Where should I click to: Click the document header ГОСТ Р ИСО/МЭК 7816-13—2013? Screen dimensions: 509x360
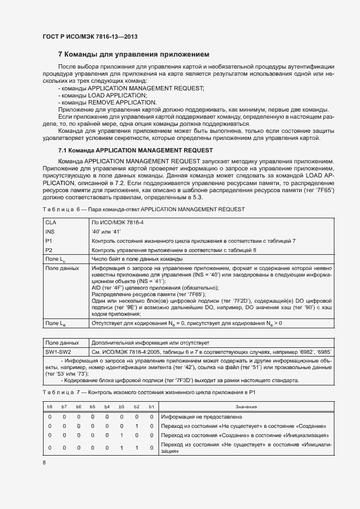click(x=90, y=36)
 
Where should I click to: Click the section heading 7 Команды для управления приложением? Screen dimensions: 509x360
click(x=133, y=54)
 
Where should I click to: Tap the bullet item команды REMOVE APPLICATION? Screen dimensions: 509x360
click(x=101, y=102)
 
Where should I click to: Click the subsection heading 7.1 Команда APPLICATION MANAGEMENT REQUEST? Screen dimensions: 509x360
click(x=135, y=150)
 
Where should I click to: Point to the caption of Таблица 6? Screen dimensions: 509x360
click(x=143, y=209)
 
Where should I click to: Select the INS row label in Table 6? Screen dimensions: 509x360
click(x=50, y=232)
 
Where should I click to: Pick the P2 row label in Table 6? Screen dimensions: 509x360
click(x=49, y=250)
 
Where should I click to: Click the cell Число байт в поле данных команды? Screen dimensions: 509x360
click(x=137, y=259)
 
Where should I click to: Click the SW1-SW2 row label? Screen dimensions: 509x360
click(x=58, y=352)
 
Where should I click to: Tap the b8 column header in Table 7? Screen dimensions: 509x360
click(x=50, y=407)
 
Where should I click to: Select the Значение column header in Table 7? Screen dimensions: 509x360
click(x=246, y=407)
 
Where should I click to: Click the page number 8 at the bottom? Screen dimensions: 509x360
click(x=44, y=463)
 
